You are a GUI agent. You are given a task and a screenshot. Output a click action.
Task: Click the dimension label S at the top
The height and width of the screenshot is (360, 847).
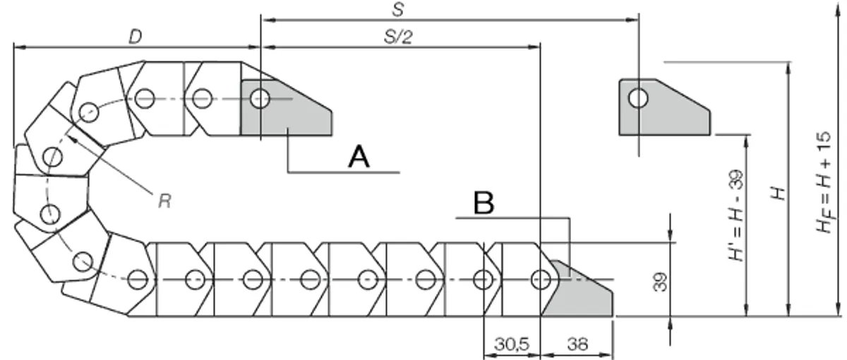pos(399,9)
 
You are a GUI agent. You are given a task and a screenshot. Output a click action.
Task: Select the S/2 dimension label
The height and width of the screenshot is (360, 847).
pos(398,37)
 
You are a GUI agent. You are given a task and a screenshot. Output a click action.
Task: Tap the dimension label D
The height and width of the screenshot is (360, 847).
pos(136,37)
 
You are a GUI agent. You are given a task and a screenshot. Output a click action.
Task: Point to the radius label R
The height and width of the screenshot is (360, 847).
pos(165,200)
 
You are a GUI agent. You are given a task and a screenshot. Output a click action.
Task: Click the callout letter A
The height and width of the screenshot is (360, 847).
pos(359,157)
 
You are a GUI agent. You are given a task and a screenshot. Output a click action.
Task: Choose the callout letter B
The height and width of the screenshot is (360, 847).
pos(483,203)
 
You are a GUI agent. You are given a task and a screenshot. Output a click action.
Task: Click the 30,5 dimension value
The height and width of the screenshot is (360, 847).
pos(512,344)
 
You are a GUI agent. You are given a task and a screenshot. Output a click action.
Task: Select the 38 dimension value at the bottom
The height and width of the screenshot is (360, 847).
pos(577,344)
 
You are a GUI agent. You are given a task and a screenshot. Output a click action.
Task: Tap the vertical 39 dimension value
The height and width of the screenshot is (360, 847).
pos(660,282)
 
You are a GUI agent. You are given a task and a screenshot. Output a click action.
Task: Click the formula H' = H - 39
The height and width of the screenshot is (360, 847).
pos(735,215)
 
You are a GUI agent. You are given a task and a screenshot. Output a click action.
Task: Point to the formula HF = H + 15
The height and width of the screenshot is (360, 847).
pos(824,182)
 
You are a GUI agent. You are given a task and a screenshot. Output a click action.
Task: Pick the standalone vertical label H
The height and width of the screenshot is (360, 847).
pos(778,193)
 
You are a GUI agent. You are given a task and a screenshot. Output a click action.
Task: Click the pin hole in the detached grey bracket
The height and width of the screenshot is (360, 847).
pos(638,98)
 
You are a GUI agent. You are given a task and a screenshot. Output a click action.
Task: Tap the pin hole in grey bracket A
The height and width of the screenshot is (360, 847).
pos(260,99)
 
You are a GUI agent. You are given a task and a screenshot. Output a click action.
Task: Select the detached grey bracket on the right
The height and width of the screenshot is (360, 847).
pos(664,107)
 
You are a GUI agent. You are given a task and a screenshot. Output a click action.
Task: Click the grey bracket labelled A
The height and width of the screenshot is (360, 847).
pos(287,108)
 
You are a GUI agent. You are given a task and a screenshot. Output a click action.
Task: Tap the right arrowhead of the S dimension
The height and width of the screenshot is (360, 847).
pos(632,20)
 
